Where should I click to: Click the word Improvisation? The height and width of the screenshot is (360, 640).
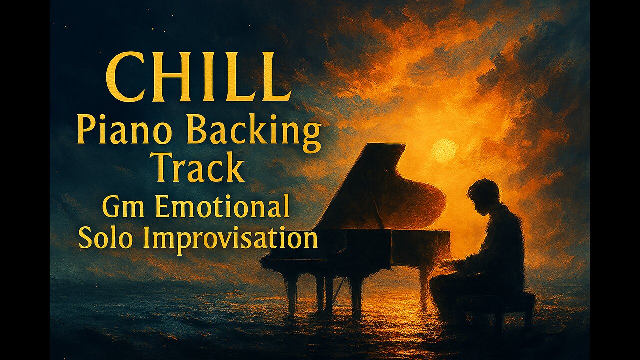pos(230,239)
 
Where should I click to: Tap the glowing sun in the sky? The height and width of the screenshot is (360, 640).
pos(444,150)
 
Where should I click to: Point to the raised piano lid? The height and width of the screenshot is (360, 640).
pos(370,185)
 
